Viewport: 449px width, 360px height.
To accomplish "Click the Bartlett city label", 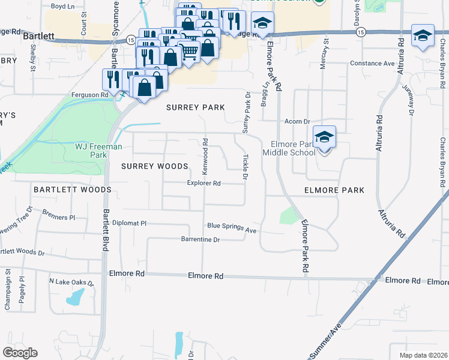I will point(39,36).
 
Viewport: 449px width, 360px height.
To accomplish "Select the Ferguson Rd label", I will point(89,94).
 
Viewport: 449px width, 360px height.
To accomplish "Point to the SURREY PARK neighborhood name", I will point(195,107).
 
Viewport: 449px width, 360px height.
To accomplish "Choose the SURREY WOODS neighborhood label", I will point(155,166).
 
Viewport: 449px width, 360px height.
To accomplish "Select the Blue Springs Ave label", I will point(232,227).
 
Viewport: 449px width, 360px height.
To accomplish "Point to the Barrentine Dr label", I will point(201,239).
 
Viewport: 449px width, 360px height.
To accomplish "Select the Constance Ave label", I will point(372,63).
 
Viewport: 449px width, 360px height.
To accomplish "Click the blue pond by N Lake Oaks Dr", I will point(76,296).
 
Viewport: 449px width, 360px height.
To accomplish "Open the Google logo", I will point(20,353).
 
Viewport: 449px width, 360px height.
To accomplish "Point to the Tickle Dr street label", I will point(245,167).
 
